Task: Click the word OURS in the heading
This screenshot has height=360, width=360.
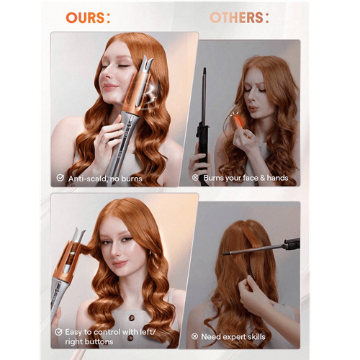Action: tap(85, 18)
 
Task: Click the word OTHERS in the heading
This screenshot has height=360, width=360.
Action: tap(236, 18)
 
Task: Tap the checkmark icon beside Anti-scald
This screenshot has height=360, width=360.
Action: tap(60, 178)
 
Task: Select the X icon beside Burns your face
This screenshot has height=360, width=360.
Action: tap(195, 178)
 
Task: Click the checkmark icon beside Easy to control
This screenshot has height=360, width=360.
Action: tap(58, 332)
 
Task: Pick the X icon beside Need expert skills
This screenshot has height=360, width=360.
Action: tap(194, 336)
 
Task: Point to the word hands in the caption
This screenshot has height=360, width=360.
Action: tap(277, 178)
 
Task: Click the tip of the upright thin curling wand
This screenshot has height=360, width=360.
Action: tap(204, 68)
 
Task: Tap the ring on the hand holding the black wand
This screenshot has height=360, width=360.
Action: tap(194, 168)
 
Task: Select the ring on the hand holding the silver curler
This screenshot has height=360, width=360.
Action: tap(104, 140)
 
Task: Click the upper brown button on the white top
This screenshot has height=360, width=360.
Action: tap(132, 318)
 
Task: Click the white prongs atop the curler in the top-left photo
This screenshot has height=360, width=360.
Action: tap(146, 63)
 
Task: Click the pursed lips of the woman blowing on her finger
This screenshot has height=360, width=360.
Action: tap(253, 109)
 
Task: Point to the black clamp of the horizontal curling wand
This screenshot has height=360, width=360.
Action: tap(292, 244)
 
